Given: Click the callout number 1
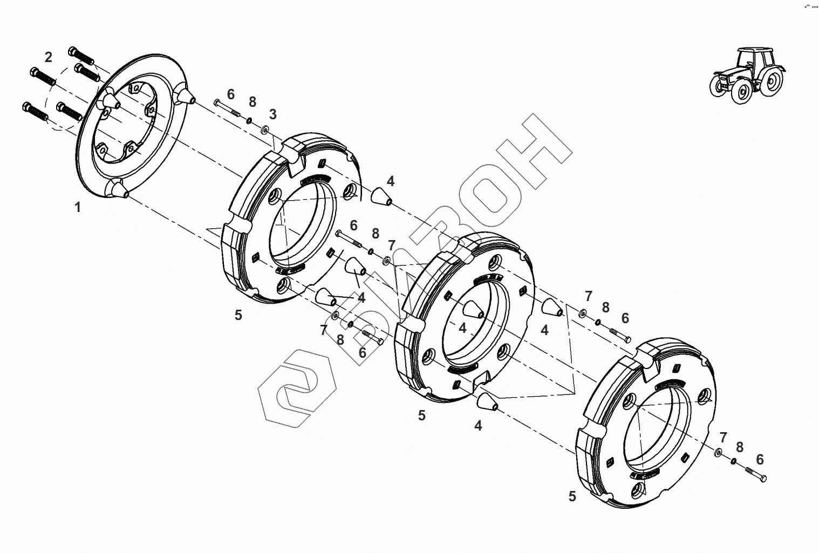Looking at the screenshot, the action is coord(78,207).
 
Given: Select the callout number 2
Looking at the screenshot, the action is coord(49,57).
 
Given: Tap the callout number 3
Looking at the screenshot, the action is coord(273,114).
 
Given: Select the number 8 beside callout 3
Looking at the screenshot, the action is coord(252,103).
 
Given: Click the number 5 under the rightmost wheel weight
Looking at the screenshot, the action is coord(572,496).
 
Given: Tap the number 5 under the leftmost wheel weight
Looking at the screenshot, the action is coord(238,315).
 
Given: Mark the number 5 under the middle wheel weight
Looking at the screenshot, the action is coord(422,415).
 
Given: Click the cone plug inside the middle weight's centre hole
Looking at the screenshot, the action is coord(473,310).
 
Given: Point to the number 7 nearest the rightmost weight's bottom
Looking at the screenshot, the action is coord(723,437).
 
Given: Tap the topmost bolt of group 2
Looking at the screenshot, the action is coord(81,56).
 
